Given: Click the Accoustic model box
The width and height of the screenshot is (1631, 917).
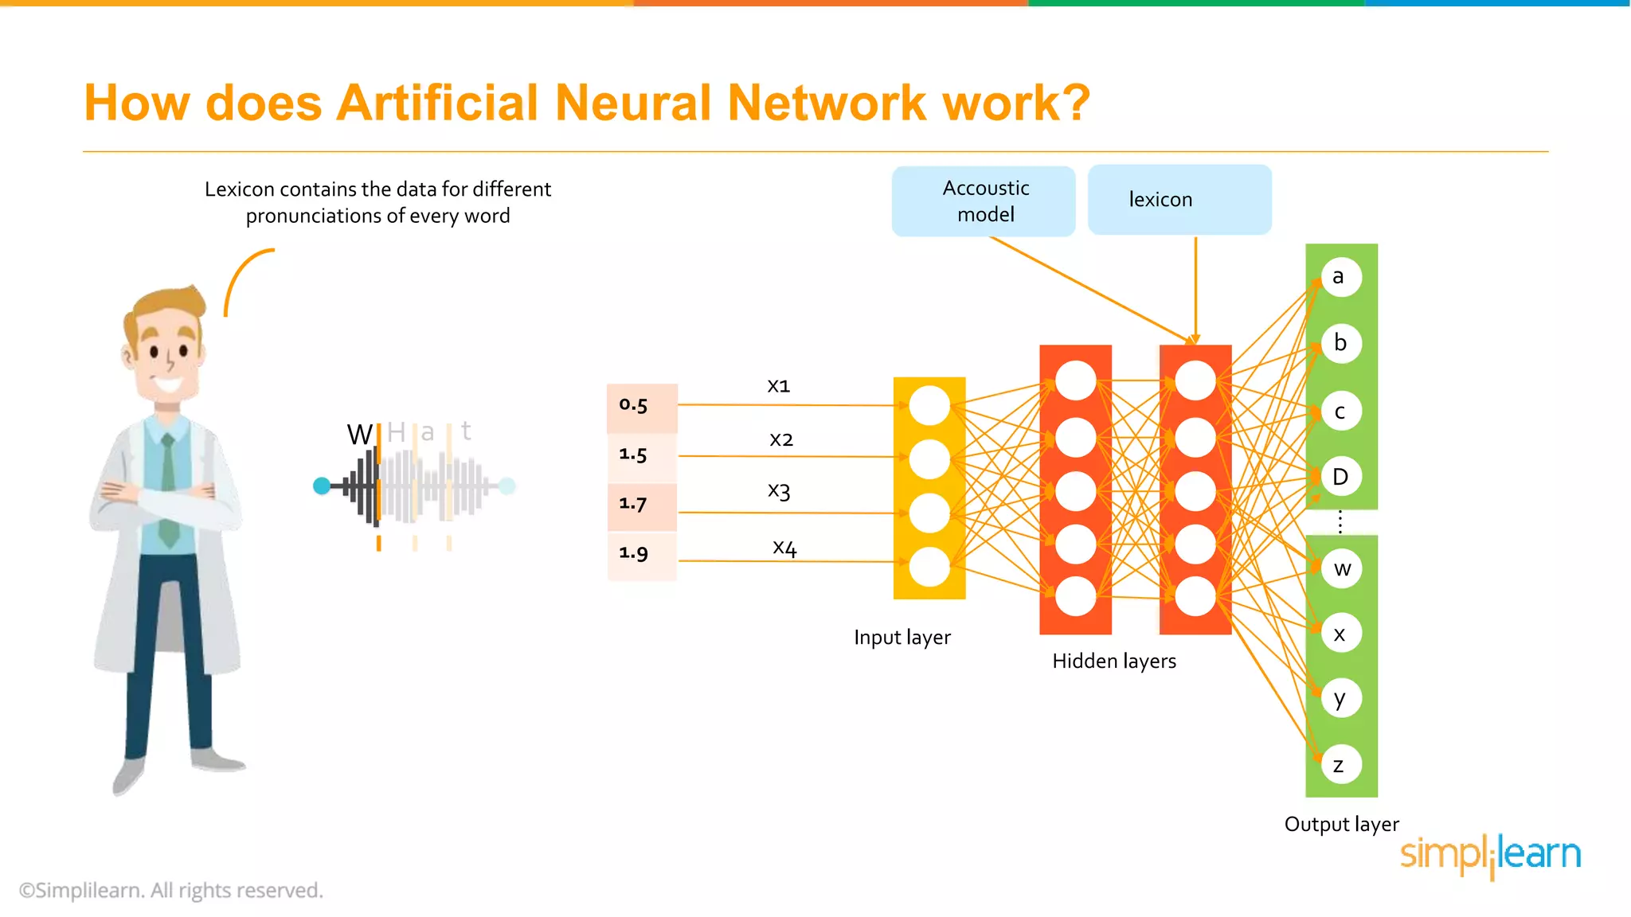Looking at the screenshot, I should pyautogui.click(x=984, y=201).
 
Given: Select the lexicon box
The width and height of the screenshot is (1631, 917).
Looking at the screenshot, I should pyautogui.click(x=1179, y=200).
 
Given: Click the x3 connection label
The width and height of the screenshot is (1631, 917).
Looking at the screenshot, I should pyautogui.click(x=779, y=490).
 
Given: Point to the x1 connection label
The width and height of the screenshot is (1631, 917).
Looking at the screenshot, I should pyautogui.click(x=778, y=386).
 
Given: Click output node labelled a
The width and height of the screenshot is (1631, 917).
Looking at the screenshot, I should pyautogui.click(x=1340, y=277).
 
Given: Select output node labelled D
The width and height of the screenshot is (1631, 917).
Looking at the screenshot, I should pyautogui.click(x=1340, y=477).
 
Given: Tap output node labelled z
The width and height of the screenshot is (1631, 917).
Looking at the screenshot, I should pyautogui.click(x=1340, y=765).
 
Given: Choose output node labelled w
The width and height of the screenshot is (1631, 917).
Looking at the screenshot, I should pyautogui.click(x=1342, y=568).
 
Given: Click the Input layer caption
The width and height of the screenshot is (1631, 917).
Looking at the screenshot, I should pyautogui.click(x=902, y=638).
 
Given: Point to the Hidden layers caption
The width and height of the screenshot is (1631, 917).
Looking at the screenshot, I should pyautogui.click(x=1113, y=661).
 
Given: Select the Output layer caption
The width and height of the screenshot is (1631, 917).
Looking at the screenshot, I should pyautogui.click(x=1341, y=825).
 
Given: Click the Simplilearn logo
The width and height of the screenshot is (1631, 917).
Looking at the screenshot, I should pyautogui.click(x=1490, y=855).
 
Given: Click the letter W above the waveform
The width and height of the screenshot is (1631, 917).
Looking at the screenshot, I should pyautogui.click(x=359, y=435).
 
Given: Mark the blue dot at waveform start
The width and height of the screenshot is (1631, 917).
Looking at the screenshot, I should pyautogui.click(x=322, y=486).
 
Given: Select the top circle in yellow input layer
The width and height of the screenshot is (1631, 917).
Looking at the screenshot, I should pyautogui.click(x=929, y=406).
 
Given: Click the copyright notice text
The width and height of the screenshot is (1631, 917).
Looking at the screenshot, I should pyautogui.click(x=171, y=891).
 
